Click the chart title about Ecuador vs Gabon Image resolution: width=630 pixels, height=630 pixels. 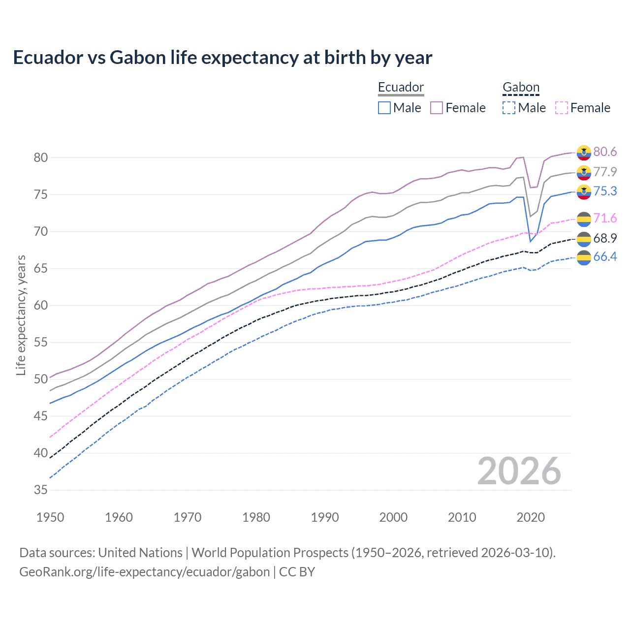222,58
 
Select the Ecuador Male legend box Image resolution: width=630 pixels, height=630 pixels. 384,108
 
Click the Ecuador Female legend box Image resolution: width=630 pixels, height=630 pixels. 437,108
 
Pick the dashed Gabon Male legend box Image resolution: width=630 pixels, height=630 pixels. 509,108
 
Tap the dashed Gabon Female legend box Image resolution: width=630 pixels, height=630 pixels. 561,108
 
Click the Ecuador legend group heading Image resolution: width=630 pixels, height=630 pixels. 401,87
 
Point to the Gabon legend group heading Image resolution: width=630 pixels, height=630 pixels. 521,87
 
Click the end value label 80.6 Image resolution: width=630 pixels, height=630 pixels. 605,152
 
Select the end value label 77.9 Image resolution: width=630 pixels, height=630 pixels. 605,172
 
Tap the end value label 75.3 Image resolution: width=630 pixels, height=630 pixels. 605,191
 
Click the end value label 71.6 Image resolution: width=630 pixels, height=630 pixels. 605,218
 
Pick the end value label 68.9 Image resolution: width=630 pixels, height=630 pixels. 605,238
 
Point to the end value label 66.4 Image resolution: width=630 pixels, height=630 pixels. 605,256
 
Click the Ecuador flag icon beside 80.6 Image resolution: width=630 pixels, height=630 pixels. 584,153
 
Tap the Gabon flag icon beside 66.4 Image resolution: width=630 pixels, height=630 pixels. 584,257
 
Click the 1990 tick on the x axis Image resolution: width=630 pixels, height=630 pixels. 325,517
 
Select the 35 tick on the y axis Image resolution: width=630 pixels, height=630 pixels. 41,490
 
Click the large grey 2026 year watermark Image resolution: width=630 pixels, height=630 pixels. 519,471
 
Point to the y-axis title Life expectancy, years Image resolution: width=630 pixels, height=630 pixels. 21,315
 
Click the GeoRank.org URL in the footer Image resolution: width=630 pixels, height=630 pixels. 144,572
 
